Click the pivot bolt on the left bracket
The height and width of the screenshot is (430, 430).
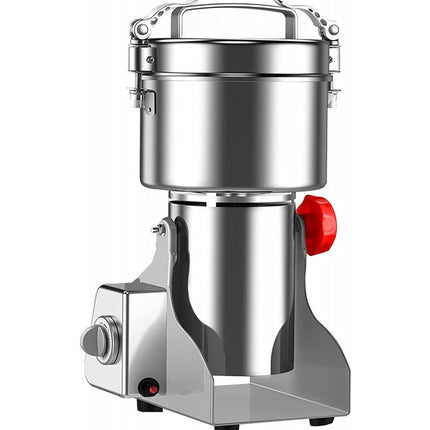159,229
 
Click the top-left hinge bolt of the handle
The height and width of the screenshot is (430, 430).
142,30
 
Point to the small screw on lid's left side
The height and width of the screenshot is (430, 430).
150,61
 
